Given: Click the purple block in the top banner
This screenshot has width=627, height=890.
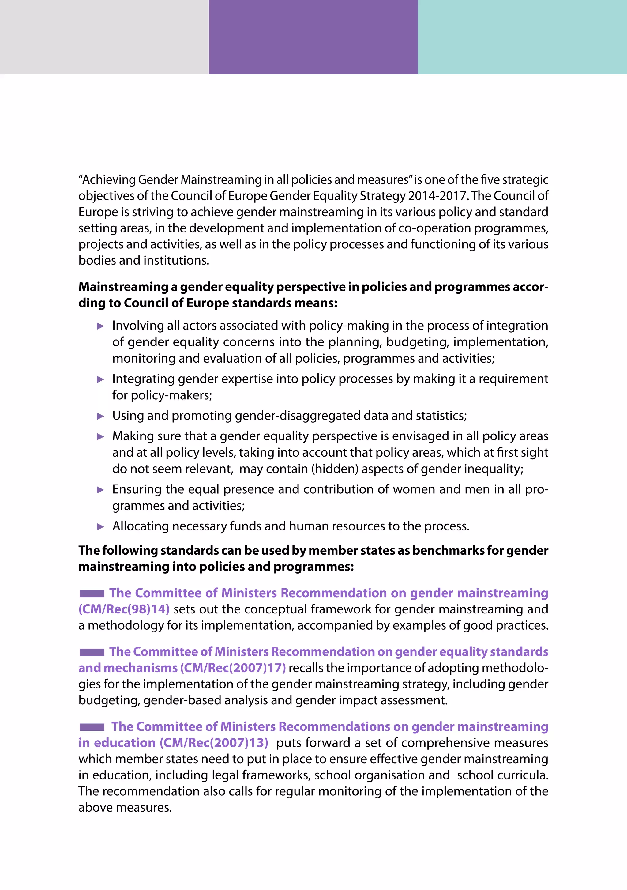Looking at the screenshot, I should click(313, 37).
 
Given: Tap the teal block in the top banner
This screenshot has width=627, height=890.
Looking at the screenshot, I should click(522, 37).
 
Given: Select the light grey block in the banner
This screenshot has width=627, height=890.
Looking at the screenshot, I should click(104, 37).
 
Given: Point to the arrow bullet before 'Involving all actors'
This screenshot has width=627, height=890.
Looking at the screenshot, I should click(100, 326).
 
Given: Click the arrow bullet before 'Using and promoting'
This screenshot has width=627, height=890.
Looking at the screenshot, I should click(100, 416).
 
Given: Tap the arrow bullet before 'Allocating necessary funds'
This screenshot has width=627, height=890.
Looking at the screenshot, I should click(100, 527).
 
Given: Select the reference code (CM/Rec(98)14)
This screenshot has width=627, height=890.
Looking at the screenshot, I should click(124, 609).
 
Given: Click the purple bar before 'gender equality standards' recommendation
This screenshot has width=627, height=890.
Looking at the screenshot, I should click(92, 652).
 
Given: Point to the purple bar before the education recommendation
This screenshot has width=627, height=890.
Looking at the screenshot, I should click(92, 727).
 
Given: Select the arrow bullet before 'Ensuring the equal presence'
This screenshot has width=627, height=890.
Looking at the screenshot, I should click(100, 490).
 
